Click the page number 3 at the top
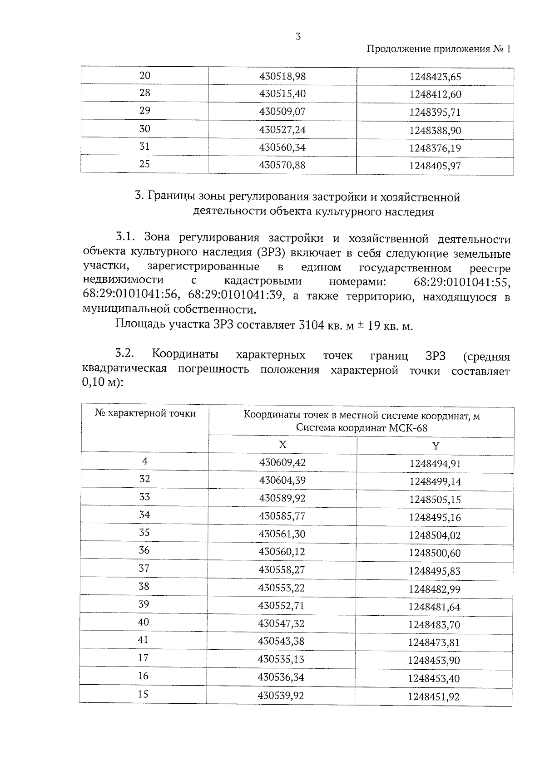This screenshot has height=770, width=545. coord(298,37)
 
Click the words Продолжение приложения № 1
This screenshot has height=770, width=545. coord(438,49)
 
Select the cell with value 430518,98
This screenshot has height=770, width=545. coord(282,76)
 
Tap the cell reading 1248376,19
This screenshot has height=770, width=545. coord(435,148)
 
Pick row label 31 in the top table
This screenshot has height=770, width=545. coord(144,146)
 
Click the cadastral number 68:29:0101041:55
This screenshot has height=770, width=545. coord(462,282)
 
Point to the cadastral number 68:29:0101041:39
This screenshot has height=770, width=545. coord(236,296)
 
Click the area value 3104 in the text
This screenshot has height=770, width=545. coord(311,326)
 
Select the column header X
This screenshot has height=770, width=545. coord(282,445)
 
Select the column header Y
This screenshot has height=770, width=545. coord(435,446)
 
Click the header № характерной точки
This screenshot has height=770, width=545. coord(145,413)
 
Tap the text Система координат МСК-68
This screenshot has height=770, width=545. coord(362,427)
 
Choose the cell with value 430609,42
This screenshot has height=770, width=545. coord(282,462)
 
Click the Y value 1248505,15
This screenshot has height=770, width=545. coord(435,500)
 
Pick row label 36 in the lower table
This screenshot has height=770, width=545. coord(144,550)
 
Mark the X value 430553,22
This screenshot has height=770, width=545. coord(282,588)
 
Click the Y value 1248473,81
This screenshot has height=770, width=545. coord(434,642)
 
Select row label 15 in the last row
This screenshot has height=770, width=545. coord(143,694)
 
